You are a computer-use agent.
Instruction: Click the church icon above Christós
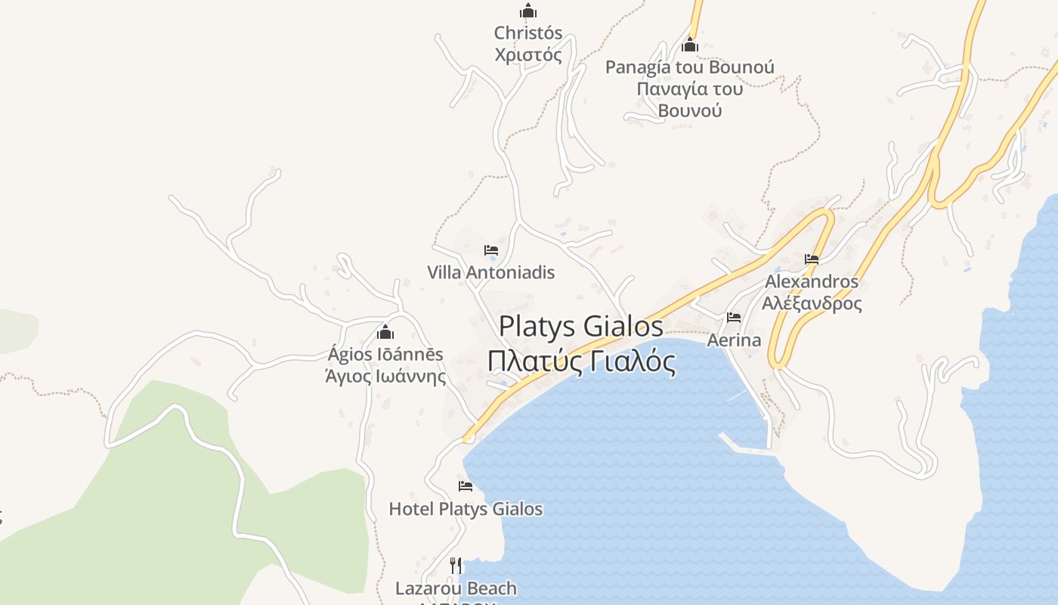coord(527,11)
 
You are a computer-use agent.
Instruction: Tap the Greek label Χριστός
coord(528,55)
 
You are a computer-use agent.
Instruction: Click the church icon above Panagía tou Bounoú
coord(689,45)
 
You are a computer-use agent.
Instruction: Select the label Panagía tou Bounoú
coord(689,67)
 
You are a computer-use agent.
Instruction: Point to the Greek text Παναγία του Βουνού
coord(689,99)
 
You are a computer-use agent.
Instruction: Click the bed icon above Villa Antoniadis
coord(491,250)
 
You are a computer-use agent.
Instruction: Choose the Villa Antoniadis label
coord(491,272)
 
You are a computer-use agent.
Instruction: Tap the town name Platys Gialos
coord(581,327)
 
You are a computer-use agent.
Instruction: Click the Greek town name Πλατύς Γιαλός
coord(581,361)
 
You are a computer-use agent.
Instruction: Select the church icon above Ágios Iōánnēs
coord(385,332)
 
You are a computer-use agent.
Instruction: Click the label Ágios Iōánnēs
coord(385,354)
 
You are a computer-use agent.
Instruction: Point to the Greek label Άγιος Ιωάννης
coord(385,376)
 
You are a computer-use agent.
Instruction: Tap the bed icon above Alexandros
coord(812,259)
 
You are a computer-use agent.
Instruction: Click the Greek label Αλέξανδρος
coord(812,304)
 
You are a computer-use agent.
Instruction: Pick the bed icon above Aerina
coord(734,318)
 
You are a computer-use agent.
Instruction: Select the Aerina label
coord(734,340)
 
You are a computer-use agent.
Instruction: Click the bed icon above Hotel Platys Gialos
coord(466,486)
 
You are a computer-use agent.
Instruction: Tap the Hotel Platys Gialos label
coord(466,509)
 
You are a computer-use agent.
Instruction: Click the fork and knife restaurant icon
coord(456,565)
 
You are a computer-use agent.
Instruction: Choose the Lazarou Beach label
coord(456,588)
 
